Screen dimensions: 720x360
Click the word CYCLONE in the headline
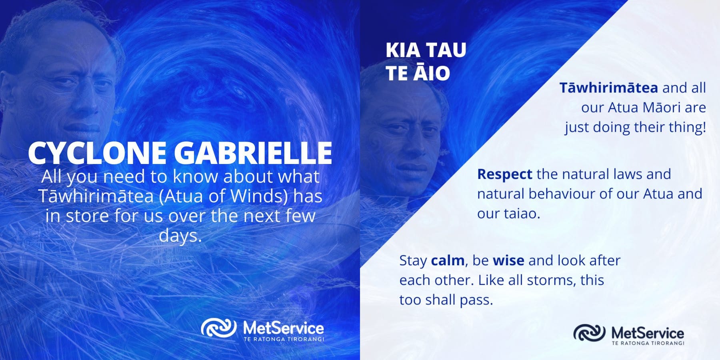pyautogui.click(x=97, y=153)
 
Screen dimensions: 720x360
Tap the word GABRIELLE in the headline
pyautogui.click(x=253, y=153)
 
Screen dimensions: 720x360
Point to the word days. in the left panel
pyautogui.click(x=180, y=236)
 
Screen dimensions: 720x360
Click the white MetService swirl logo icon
pyautogui.click(x=218, y=328)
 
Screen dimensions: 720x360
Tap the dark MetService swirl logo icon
pyautogui.click(x=589, y=333)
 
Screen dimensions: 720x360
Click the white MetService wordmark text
pyautogui.click(x=284, y=328)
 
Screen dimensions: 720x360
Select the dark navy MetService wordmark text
pyautogui.click(x=648, y=333)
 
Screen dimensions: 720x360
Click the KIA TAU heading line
pyautogui.click(x=426, y=50)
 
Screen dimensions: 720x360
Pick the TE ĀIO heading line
pyautogui.click(x=418, y=73)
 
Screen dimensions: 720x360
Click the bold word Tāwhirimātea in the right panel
pyautogui.click(x=608, y=88)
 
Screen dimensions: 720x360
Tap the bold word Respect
pyautogui.click(x=504, y=174)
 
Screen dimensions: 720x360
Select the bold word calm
pyautogui.click(x=448, y=260)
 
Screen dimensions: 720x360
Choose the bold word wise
pyautogui.click(x=508, y=260)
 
